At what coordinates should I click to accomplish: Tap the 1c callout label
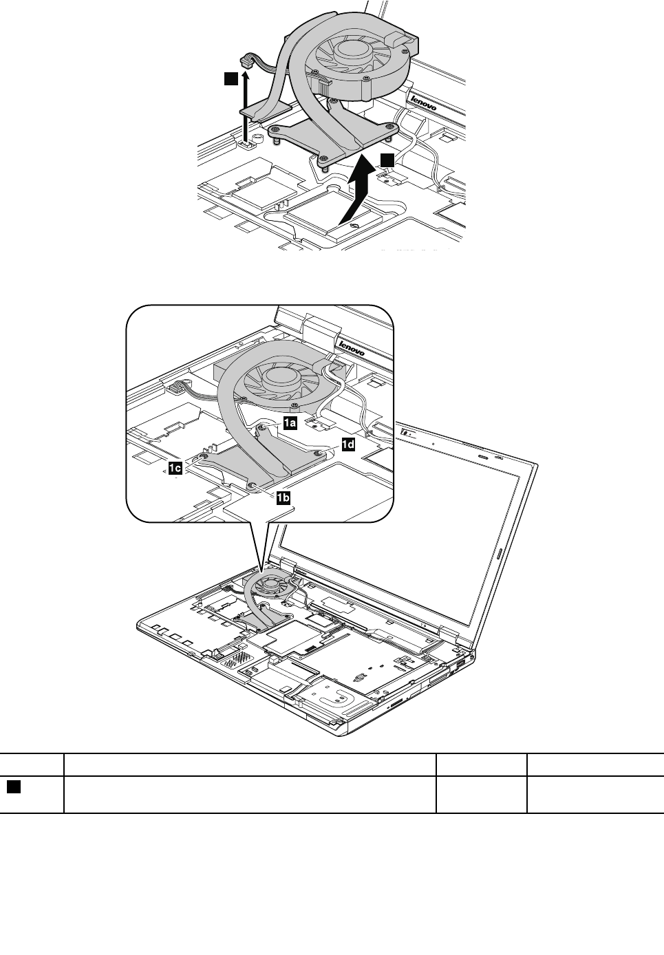click(x=174, y=469)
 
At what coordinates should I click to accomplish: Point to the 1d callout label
click(x=348, y=444)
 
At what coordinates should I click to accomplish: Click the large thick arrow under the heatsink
click(x=357, y=192)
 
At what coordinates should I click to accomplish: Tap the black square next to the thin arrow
click(x=231, y=79)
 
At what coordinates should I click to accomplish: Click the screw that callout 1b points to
click(x=252, y=485)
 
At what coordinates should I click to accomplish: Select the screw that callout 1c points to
click(x=204, y=454)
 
